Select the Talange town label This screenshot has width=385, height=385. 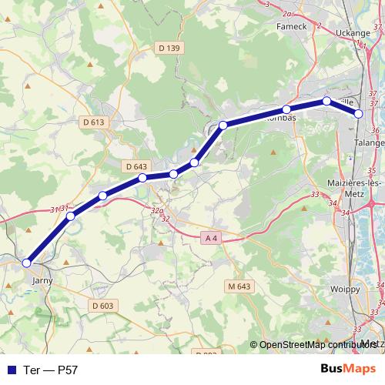pyautogui.click(x=370, y=142)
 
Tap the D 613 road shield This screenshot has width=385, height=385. pyautogui.click(x=93, y=122)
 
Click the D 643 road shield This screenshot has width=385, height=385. pyautogui.click(x=135, y=166)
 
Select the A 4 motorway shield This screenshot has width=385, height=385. pyautogui.click(x=213, y=239)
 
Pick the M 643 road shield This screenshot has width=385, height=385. pyautogui.click(x=239, y=286)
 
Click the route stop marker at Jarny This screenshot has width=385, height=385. pyautogui.click(x=27, y=263)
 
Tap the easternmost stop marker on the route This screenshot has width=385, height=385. pyautogui.click(x=359, y=114)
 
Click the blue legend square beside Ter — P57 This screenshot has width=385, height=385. pyautogui.click(x=10, y=370)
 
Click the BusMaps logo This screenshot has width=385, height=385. pyautogui.click(x=348, y=369)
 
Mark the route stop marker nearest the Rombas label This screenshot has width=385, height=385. pyautogui.click(x=286, y=109)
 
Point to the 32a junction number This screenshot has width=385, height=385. pyautogui.click(x=158, y=210)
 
